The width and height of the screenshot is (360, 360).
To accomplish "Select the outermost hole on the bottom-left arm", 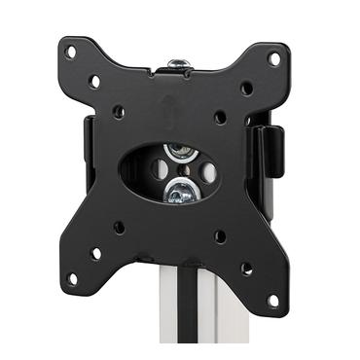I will [x=72, y=278].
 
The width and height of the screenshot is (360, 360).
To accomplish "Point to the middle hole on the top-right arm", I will [x=247, y=88].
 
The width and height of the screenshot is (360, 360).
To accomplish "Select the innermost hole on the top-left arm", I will [x=119, y=111].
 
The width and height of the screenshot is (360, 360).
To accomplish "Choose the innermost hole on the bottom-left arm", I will [x=119, y=227].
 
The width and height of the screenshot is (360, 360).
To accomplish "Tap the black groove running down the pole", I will [x=203, y=326].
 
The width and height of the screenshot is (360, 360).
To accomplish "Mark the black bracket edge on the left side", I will [x=88, y=146].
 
